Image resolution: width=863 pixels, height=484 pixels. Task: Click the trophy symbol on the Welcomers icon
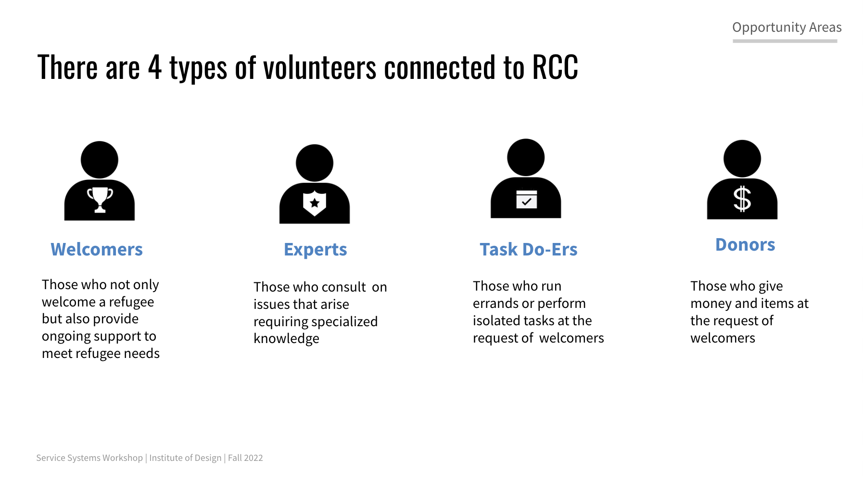coord(100,199)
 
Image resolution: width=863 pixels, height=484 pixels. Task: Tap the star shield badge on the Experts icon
coord(315,203)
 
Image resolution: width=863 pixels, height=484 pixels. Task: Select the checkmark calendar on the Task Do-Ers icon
coord(526,198)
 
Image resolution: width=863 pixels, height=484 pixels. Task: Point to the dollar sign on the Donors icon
coord(742,199)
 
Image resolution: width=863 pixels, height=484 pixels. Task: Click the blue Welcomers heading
coord(97,250)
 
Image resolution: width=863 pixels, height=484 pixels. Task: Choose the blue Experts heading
coord(316,250)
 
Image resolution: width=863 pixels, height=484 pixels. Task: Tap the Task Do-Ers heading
coord(529,250)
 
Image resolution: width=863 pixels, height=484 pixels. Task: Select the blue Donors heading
coord(745,245)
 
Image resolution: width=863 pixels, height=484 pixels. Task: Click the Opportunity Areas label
coord(787,27)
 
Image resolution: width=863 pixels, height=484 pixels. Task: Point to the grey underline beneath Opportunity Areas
coord(785,41)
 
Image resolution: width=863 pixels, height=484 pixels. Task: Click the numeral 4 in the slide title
coord(155,67)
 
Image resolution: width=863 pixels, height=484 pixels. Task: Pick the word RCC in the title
coord(555,67)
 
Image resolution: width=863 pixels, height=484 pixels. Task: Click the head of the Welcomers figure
coord(100,160)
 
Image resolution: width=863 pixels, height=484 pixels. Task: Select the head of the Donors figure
coord(742,159)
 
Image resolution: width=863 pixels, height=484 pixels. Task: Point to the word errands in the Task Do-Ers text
coord(495,304)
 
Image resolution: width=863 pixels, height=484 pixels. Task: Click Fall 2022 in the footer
coord(245,458)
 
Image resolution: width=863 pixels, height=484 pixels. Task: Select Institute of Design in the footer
coord(185,458)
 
